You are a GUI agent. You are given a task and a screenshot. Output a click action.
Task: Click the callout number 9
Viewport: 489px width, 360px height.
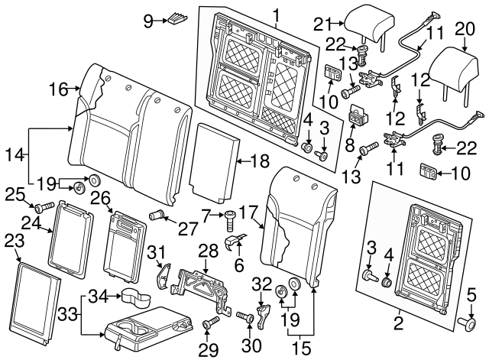pos(148,21)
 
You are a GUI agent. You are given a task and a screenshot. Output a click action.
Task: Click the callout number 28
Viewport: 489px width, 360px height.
pos(205,250)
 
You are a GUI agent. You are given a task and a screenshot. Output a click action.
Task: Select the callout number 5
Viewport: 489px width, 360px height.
pos(471,294)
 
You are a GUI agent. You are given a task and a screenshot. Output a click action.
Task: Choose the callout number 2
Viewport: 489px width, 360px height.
pos(398,323)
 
